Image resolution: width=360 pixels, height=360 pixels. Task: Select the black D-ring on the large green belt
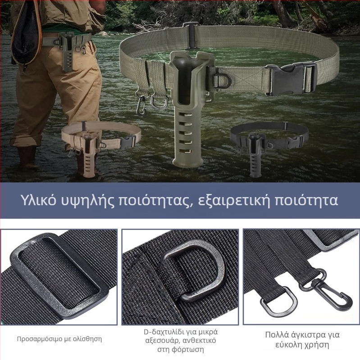[x=223, y=80]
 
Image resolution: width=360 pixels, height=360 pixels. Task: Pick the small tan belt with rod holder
[x=97, y=144]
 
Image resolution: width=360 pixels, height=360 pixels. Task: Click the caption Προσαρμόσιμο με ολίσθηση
[x=59, y=339]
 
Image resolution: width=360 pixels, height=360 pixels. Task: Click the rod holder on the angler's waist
[x=67, y=52]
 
